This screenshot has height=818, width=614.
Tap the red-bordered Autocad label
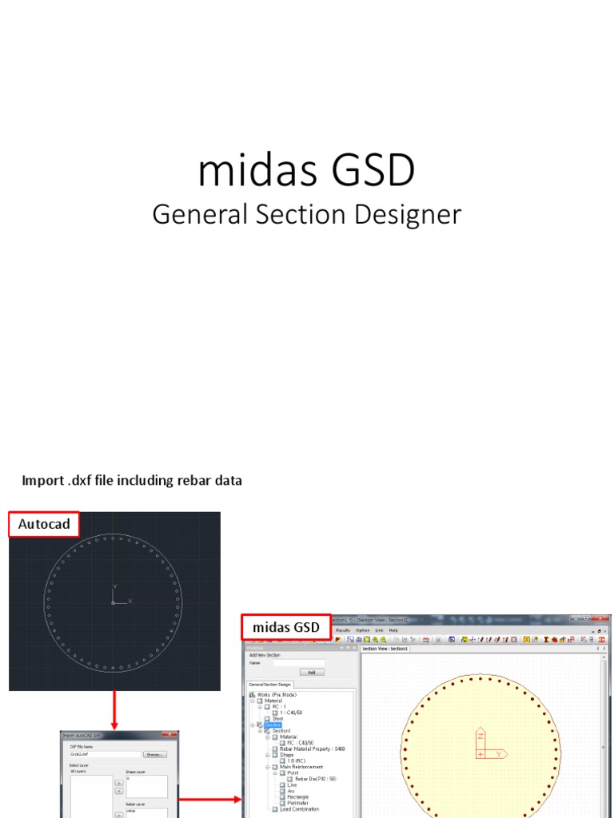(44, 525)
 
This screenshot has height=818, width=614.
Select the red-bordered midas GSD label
(285, 628)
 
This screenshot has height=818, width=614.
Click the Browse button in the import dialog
(154, 754)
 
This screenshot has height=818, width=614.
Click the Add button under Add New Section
(311, 672)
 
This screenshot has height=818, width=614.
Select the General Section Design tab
(271, 685)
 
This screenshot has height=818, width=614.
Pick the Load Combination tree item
(300, 809)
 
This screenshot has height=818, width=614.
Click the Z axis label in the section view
(480, 737)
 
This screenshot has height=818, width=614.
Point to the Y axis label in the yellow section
(500, 753)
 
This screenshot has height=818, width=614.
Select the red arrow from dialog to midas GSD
(209, 798)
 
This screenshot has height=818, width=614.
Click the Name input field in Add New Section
(298, 662)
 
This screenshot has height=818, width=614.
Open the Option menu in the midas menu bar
(363, 630)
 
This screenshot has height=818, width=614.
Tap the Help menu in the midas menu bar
(393, 630)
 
